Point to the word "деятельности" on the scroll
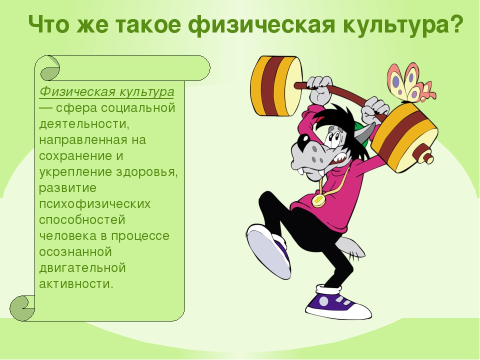pyautogui.click(x=82, y=123)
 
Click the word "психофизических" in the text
pyautogui.click(x=95, y=204)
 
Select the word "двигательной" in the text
pyautogui.click(x=82, y=267)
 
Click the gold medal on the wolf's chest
pyautogui.click(x=318, y=200)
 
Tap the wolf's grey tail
pyautogui.click(x=352, y=247)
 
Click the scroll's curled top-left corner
pyautogui.click(x=49, y=68)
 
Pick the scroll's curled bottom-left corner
pyautogui.click(x=22, y=308)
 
